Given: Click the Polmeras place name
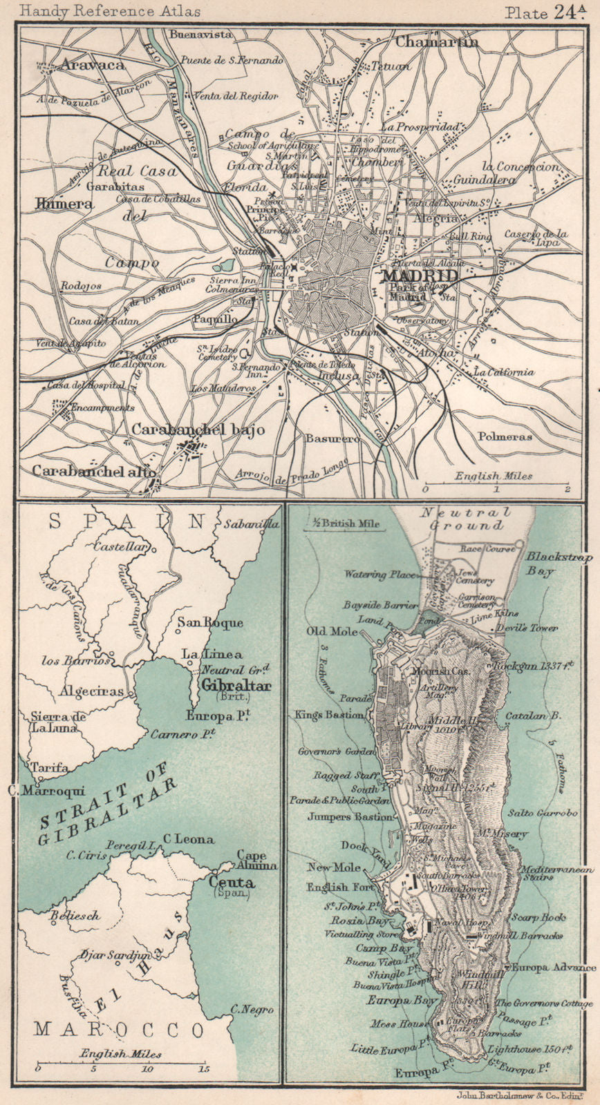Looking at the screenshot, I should (503, 436).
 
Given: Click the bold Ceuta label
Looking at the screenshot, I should (232, 882).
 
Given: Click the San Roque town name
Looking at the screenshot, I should (210, 622).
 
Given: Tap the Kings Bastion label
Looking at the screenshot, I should (329, 715).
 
